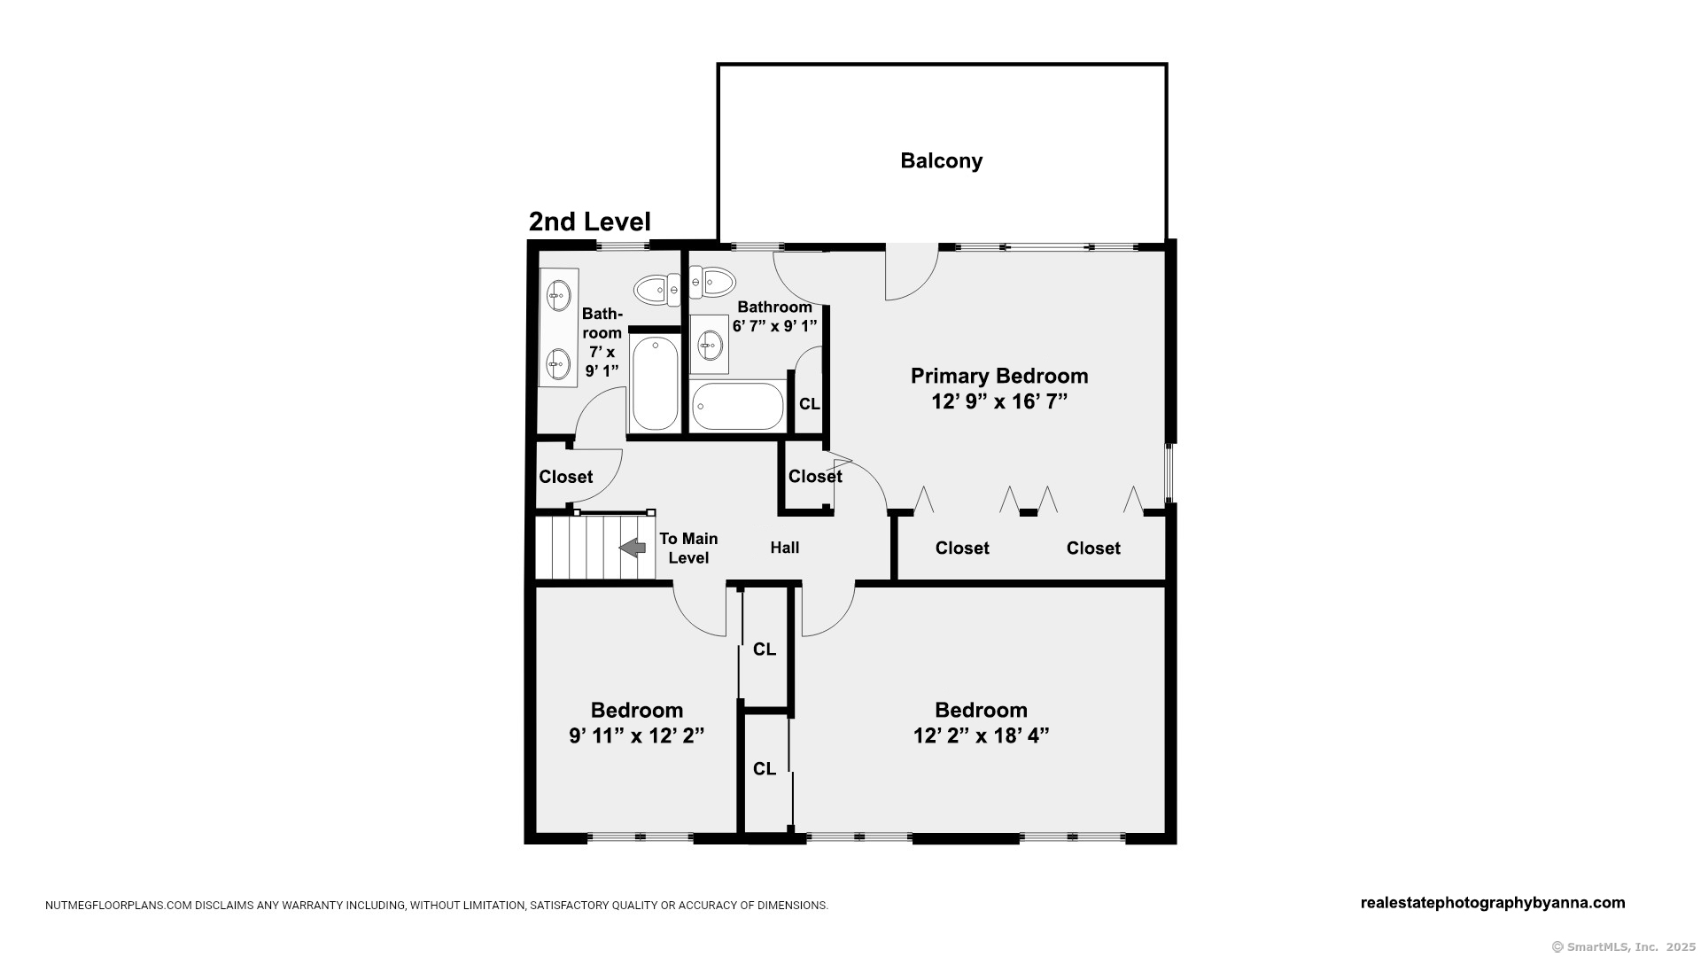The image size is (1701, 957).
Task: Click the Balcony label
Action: pyautogui.click(x=941, y=160)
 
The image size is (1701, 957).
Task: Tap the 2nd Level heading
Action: pyautogui.click(x=589, y=222)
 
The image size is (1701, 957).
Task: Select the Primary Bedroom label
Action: pyautogui.click(x=999, y=376)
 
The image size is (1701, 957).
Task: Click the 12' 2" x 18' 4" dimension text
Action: pyautogui.click(x=981, y=735)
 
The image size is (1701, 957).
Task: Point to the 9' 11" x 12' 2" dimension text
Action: pyautogui.click(x=636, y=735)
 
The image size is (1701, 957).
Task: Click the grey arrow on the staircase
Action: pyautogui.click(x=633, y=548)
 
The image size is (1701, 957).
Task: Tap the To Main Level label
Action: pyautogui.click(x=688, y=548)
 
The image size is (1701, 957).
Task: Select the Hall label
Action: pyautogui.click(x=785, y=548)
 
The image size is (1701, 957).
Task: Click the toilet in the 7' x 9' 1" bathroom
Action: pyautogui.click(x=656, y=289)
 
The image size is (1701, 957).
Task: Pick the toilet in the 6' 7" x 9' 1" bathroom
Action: pyautogui.click(x=712, y=283)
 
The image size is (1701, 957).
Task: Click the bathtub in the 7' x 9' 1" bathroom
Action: pyautogui.click(x=656, y=383)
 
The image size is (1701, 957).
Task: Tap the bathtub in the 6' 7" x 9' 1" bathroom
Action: pyautogui.click(x=737, y=407)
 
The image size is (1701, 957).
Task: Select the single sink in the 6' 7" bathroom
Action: pyautogui.click(x=710, y=344)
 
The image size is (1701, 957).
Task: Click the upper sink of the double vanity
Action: pyautogui.click(x=559, y=295)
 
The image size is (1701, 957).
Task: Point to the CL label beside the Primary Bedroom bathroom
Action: pyautogui.click(x=809, y=404)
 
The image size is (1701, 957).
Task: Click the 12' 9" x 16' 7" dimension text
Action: pyautogui.click(x=999, y=401)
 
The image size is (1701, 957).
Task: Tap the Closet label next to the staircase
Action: pyautogui.click(x=566, y=477)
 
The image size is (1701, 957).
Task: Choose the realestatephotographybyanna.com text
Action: pyautogui.click(x=1493, y=903)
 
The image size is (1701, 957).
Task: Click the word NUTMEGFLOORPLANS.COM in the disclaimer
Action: pyautogui.click(x=119, y=906)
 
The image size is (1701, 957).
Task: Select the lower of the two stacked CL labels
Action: pyautogui.click(x=765, y=769)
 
